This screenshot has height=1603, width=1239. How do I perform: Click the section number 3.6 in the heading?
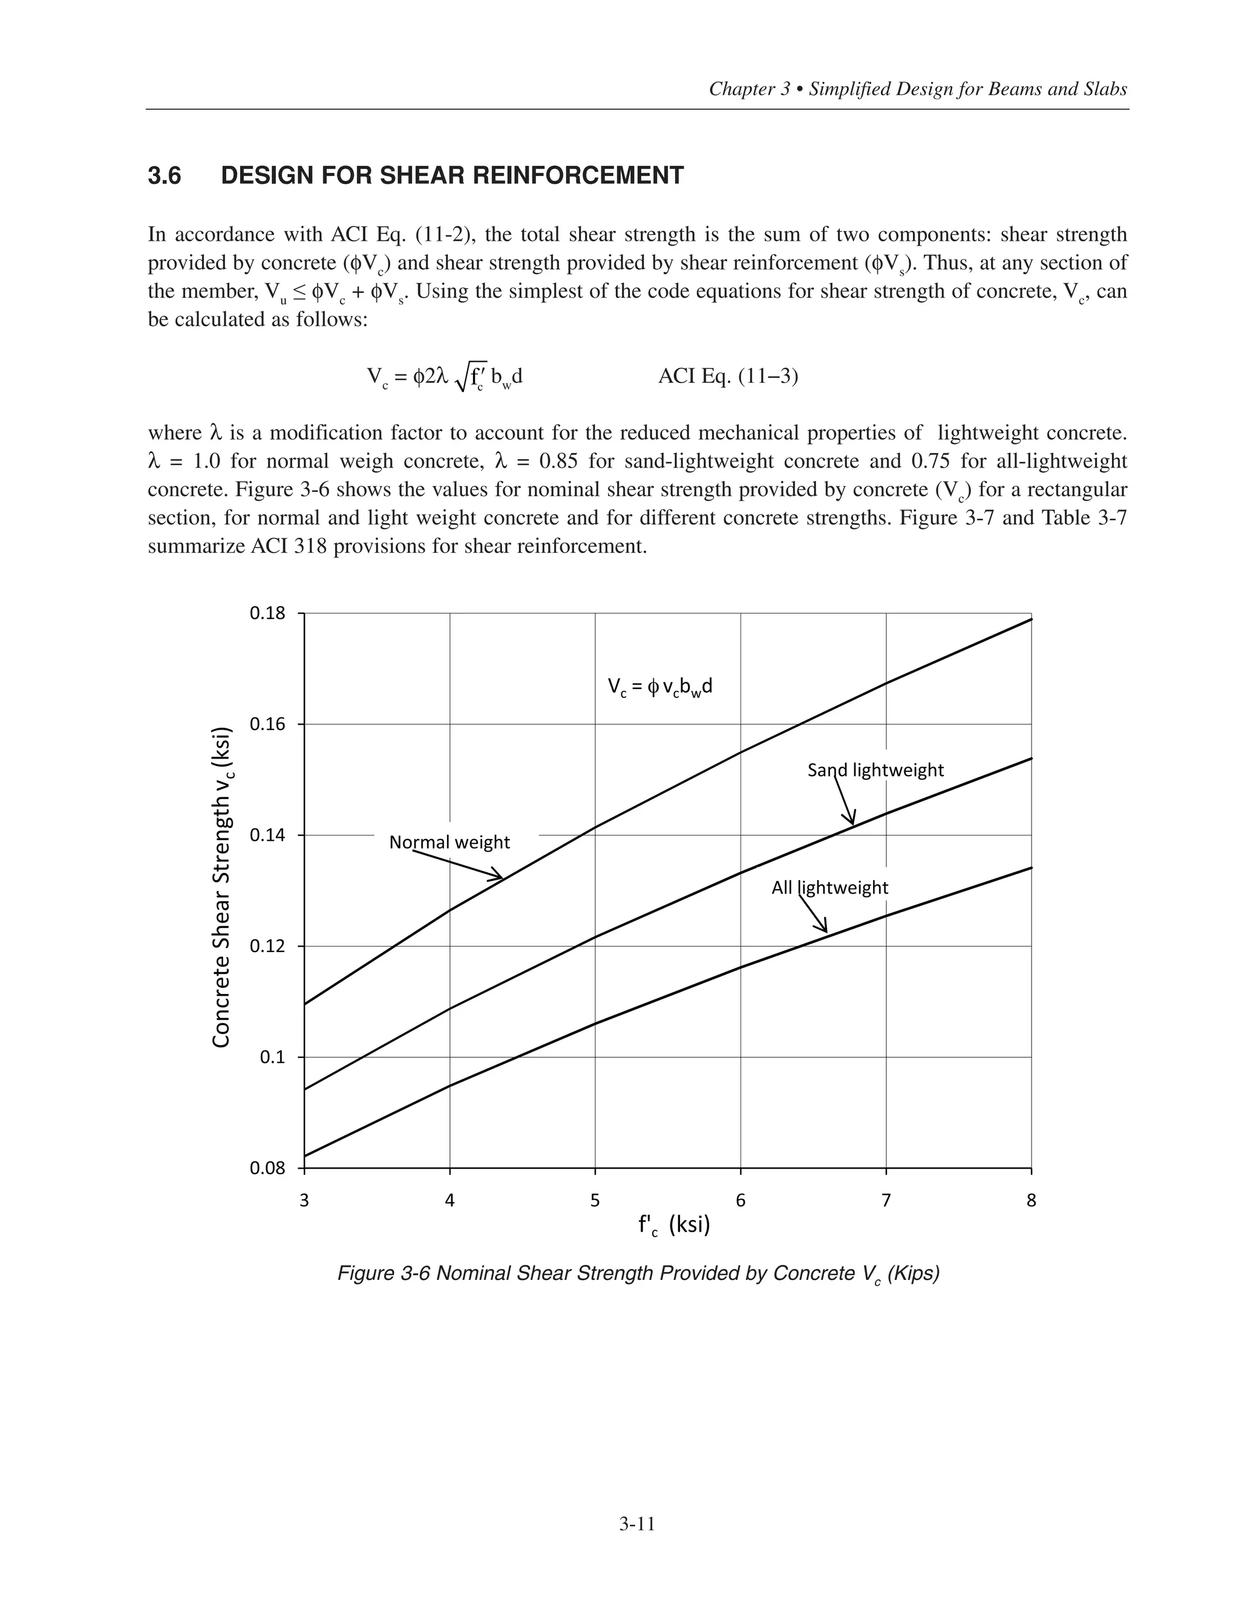[x=165, y=176]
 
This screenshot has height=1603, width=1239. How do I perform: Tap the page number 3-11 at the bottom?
[x=636, y=1524]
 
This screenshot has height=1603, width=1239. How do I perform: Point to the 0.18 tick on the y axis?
[x=268, y=613]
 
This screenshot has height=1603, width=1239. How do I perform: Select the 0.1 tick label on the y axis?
[x=275, y=1057]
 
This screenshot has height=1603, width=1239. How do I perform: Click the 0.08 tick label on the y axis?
[x=268, y=1169]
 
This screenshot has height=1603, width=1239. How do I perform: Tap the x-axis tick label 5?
[x=595, y=1201]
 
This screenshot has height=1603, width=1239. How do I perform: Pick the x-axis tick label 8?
[x=1031, y=1201]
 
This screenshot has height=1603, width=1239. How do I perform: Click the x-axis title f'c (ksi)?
[x=674, y=1225]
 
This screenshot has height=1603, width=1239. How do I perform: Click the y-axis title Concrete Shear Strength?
[x=221, y=888]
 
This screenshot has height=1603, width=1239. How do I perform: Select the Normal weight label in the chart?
[x=450, y=843]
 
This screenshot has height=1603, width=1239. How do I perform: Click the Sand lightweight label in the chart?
[x=875, y=770]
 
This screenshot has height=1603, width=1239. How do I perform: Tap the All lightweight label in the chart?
[x=829, y=888]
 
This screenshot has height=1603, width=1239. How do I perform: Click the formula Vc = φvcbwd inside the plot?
[x=660, y=687]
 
